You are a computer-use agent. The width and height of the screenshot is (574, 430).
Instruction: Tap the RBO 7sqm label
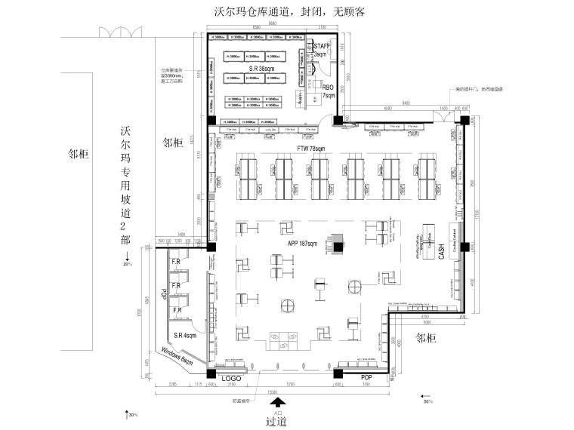click(329, 91)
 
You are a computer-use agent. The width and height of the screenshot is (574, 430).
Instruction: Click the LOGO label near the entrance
click(230, 376)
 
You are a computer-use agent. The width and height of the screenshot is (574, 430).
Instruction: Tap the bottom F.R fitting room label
click(178, 310)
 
